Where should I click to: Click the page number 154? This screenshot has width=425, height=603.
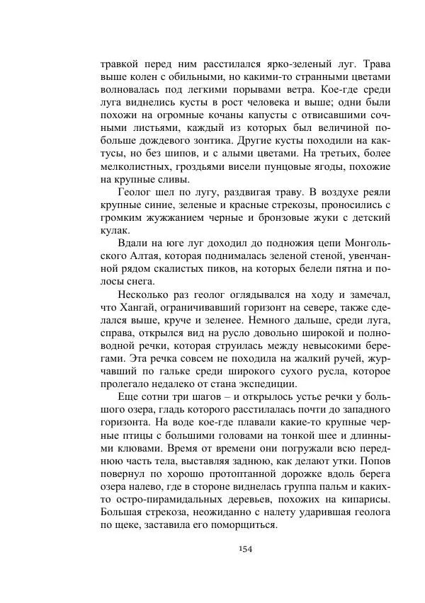pyautogui.click(x=246, y=549)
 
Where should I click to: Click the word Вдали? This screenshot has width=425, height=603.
pyautogui.click(x=135, y=243)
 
